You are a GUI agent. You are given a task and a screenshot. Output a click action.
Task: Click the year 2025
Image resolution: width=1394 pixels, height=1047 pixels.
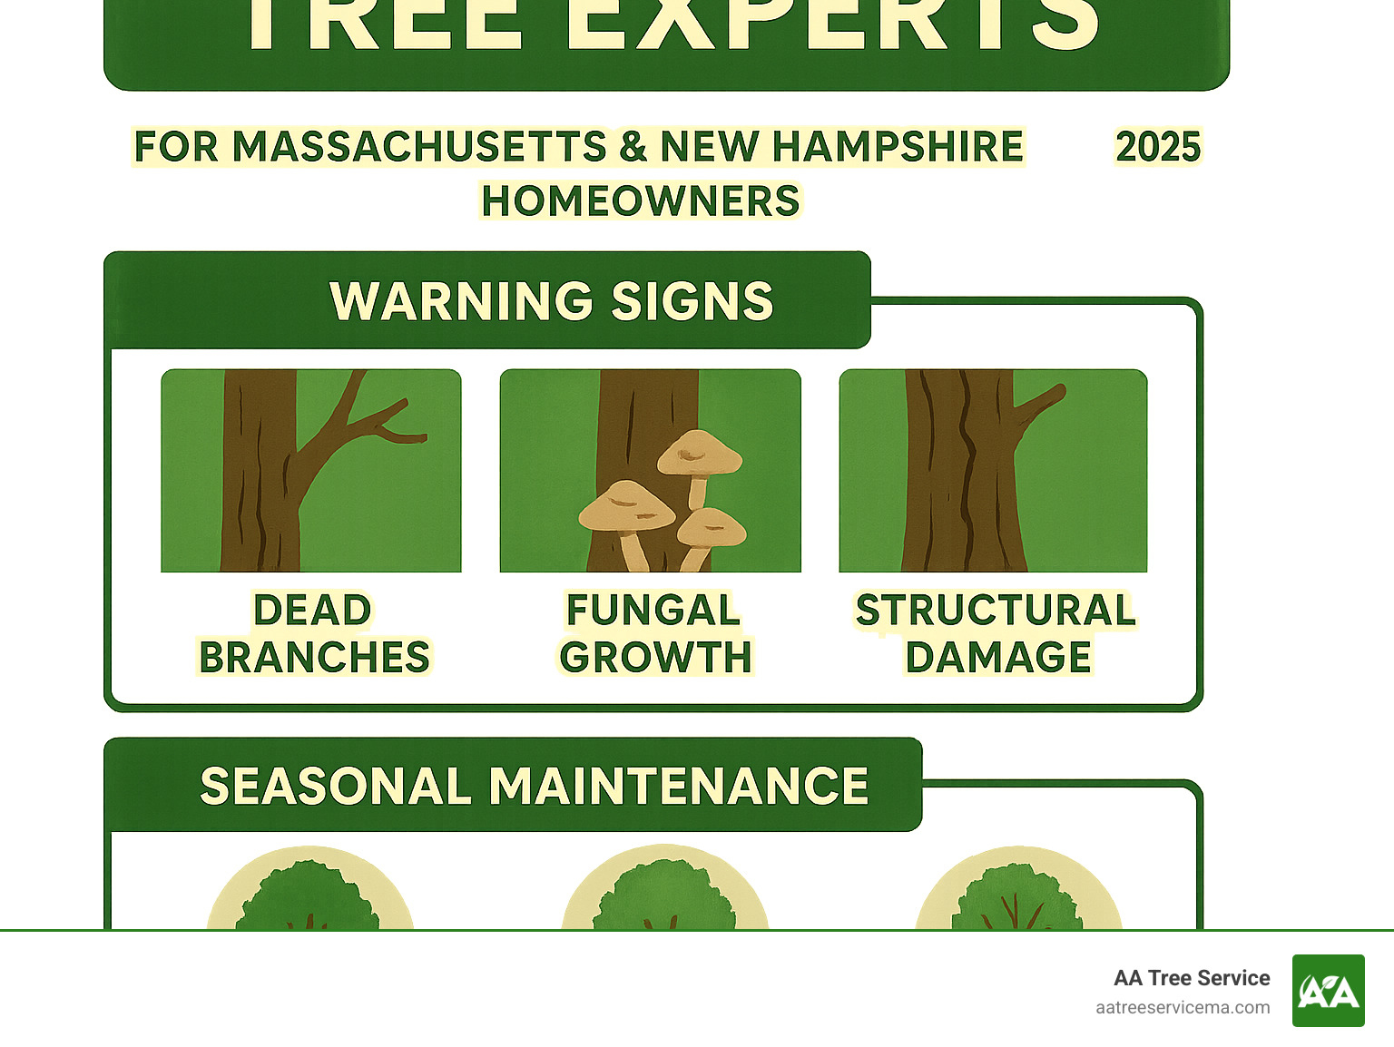(x=1158, y=147)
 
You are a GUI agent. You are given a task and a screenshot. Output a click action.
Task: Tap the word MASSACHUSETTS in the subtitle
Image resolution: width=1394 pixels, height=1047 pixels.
(x=419, y=147)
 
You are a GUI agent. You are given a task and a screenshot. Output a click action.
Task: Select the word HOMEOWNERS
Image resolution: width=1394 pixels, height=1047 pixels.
(x=640, y=201)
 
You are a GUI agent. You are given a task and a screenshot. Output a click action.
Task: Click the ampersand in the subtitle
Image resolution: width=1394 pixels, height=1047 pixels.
(x=633, y=147)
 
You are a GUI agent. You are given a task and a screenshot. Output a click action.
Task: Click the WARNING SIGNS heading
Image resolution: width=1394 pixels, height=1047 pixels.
(x=551, y=301)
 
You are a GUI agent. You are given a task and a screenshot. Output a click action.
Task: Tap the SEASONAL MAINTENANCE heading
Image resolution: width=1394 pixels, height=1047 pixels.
(x=534, y=786)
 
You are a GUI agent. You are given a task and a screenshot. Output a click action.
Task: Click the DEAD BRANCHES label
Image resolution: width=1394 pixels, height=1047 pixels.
(x=313, y=633)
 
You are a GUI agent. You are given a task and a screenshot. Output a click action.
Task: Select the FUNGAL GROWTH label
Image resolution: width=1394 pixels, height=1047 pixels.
(x=654, y=633)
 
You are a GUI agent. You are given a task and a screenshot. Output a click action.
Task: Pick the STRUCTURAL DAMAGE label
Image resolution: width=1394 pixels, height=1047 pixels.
(x=996, y=633)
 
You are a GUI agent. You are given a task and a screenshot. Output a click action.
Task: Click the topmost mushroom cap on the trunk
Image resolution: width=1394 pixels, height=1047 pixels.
(x=699, y=451)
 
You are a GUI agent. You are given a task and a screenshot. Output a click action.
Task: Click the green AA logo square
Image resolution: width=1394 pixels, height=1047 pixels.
(x=1328, y=991)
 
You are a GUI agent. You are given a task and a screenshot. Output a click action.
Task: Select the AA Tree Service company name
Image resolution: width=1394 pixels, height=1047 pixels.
(x=1191, y=978)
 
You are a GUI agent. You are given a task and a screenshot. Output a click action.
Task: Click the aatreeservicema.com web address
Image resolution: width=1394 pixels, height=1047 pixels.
(x=1182, y=1007)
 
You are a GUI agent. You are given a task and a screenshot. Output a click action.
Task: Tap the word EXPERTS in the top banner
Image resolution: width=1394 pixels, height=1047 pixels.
(x=830, y=23)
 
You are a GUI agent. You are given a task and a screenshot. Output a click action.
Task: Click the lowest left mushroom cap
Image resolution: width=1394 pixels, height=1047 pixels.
(x=626, y=505)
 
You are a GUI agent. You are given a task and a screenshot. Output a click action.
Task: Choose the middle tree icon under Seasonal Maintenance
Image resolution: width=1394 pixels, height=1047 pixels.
(x=665, y=894)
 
